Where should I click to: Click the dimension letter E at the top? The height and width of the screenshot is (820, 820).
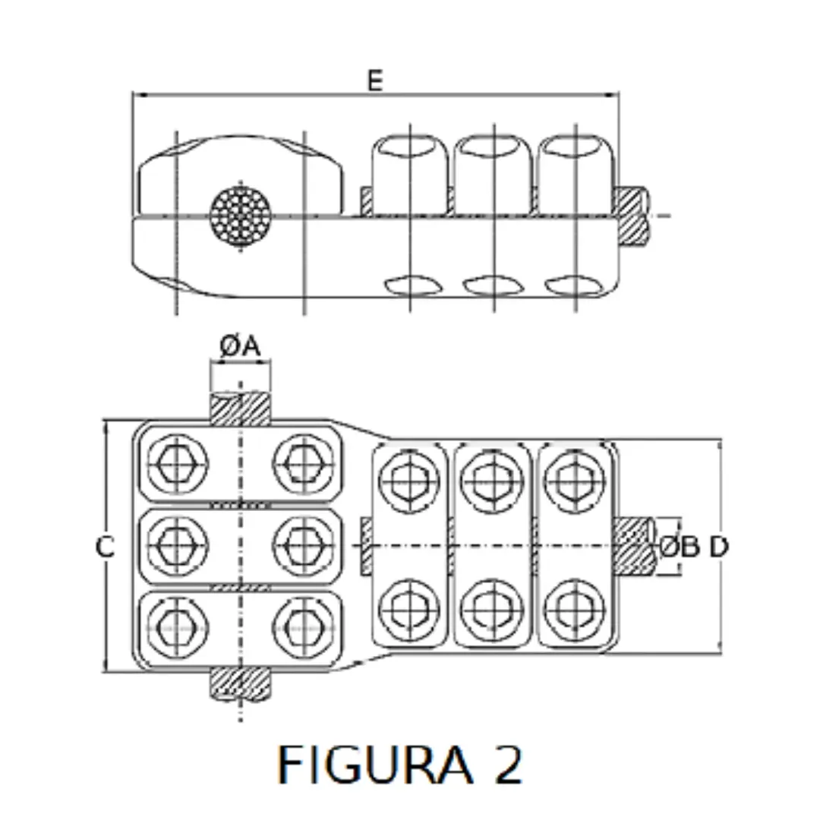click(x=375, y=80)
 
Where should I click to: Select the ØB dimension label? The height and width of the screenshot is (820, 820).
click(x=678, y=546)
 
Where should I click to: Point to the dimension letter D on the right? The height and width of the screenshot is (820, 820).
click(x=718, y=546)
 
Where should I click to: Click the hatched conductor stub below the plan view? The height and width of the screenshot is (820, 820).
click(x=240, y=683)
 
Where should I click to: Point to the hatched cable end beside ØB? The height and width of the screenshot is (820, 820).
click(x=635, y=546)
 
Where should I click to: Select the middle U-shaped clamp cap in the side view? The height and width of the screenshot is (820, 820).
click(x=491, y=169)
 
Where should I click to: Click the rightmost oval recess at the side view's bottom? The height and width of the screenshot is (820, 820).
click(x=575, y=285)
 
